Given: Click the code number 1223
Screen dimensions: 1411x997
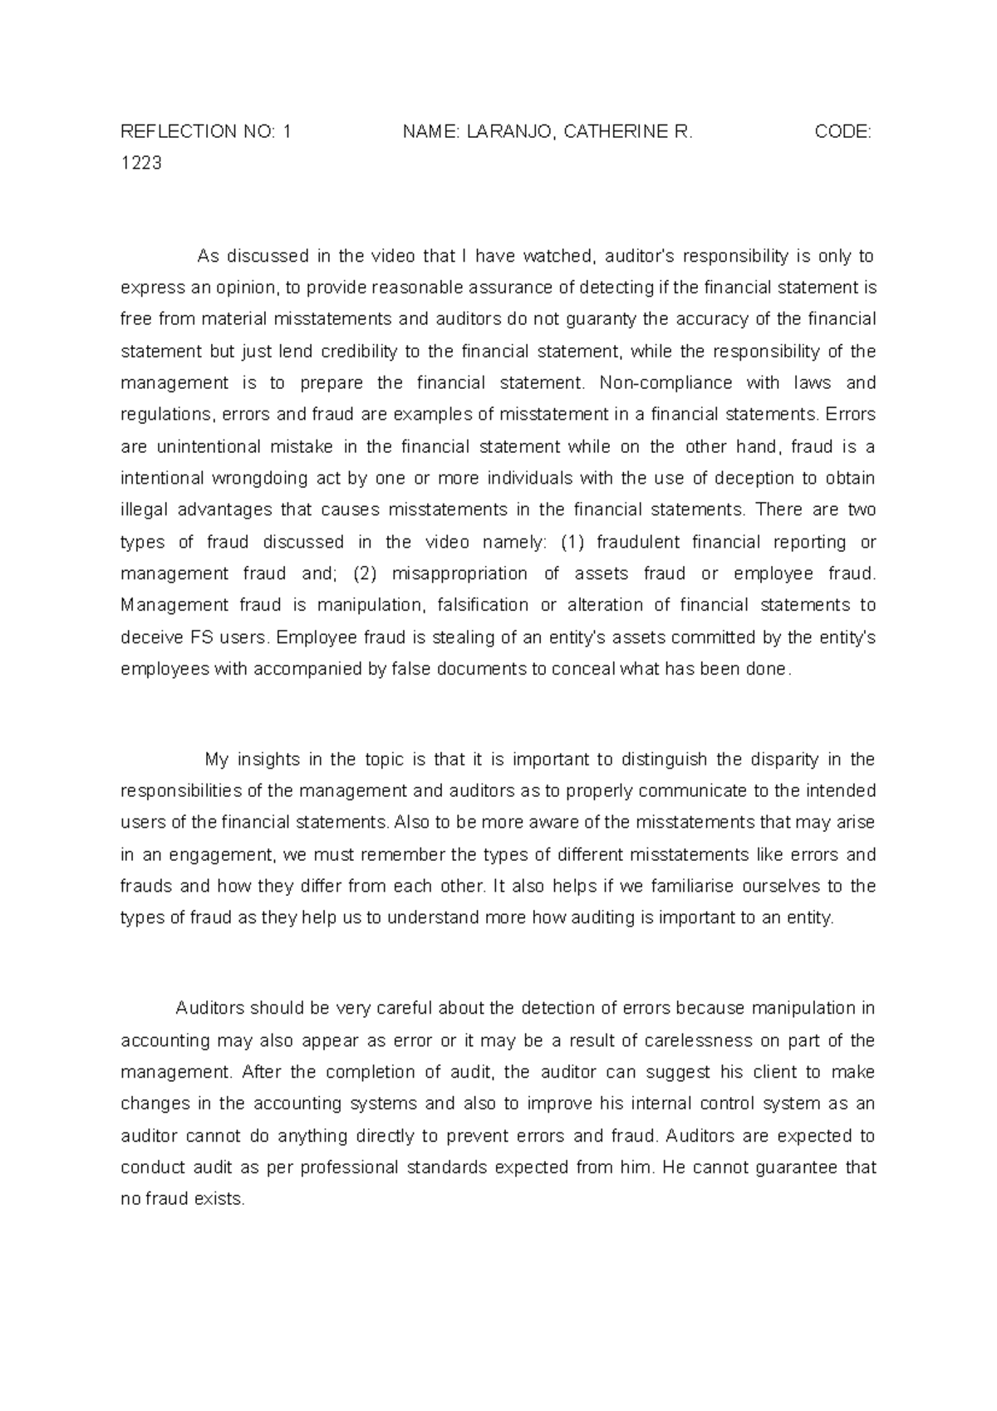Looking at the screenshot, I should point(141,164).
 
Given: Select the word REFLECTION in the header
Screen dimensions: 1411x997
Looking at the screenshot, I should point(178,132).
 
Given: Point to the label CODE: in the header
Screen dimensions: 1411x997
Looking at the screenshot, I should point(842,132).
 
